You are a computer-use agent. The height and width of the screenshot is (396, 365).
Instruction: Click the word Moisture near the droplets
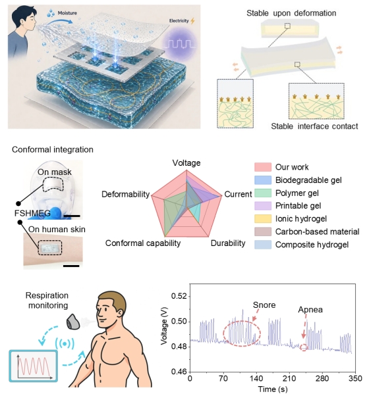(x=67, y=13)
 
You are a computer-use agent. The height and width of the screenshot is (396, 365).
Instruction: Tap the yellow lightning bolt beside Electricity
(x=193, y=20)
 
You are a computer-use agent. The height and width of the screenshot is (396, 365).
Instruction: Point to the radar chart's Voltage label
(x=186, y=163)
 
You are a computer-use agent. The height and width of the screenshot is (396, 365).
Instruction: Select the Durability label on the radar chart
(x=228, y=243)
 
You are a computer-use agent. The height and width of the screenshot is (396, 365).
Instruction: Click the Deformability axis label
(x=125, y=194)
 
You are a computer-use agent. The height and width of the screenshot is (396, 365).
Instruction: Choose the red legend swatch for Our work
(x=263, y=167)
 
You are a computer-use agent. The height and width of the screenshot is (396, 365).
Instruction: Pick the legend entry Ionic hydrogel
(x=301, y=218)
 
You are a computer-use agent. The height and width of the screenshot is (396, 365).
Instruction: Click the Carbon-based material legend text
(x=317, y=232)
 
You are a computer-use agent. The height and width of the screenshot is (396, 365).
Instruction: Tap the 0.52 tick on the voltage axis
(x=179, y=296)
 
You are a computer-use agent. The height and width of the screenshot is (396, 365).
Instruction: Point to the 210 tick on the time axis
(x=289, y=379)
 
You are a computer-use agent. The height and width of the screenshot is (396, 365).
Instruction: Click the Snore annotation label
(x=264, y=305)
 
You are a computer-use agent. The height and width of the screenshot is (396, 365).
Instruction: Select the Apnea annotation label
(x=310, y=310)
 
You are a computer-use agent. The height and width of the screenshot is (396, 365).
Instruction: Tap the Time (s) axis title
(x=273, y=389)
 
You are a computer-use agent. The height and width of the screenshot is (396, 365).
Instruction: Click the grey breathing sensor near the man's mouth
(x=73, y=322)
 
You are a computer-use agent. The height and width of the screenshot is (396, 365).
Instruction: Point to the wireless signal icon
(x=65, y=344)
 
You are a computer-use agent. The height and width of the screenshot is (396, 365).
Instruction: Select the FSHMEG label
(x=32, y=213)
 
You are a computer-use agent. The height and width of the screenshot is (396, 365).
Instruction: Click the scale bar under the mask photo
(x=72, y=216)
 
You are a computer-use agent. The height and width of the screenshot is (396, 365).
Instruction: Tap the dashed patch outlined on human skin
(x=50, y=247)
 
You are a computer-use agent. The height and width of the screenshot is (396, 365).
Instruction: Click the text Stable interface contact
(x=314, y=126)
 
